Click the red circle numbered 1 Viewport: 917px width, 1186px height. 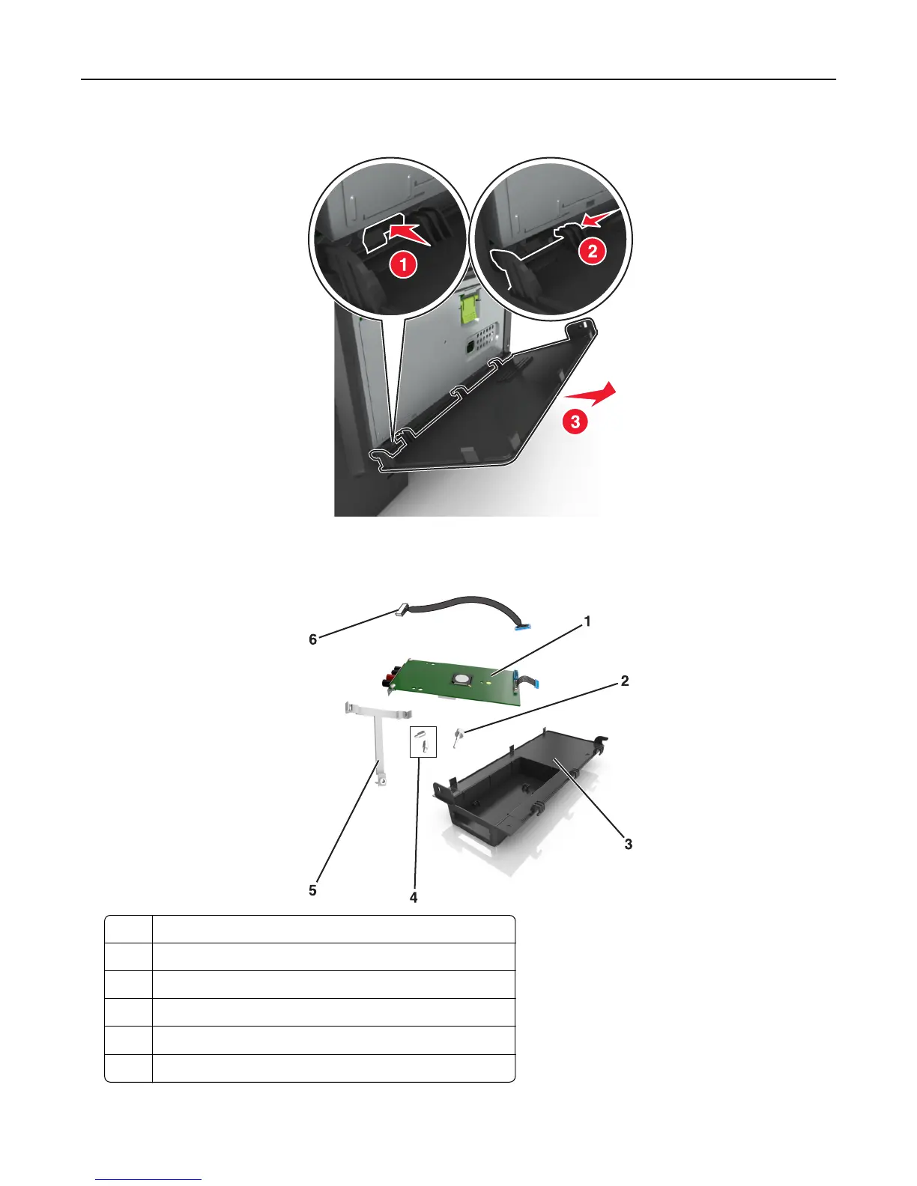tap(403, 264)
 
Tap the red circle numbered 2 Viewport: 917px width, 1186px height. tap(593, 250)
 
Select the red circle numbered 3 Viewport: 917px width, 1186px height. tap(575, 422)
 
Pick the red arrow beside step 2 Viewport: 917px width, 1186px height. tap(600, 219)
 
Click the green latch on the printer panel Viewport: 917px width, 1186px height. tap(470, 307)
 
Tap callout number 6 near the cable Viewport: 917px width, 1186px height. tap(313, 639)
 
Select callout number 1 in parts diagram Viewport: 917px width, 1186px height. tap(587, 621)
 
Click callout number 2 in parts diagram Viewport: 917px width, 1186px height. tap(625, 681)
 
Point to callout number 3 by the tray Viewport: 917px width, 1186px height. tap(628, 844)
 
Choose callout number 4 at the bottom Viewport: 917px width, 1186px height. tap(414, 897)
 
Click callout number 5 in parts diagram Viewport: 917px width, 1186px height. tap(312, 890)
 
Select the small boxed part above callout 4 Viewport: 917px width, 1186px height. tap(423, 741)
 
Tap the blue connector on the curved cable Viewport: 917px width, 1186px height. tap(522, 625)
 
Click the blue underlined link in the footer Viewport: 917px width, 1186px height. tap(148, 1179)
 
